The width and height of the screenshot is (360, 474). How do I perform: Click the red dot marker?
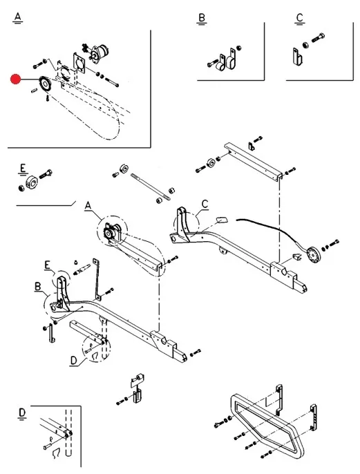point(15,79)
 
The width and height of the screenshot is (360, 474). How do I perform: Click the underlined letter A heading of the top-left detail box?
point(18,17)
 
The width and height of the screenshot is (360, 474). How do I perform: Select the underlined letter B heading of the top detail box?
point(202,18)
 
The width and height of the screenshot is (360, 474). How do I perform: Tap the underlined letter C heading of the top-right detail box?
point(299,18)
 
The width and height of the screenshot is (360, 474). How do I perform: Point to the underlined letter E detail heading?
point(23,168)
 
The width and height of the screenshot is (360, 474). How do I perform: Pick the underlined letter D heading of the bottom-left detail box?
point(22,413)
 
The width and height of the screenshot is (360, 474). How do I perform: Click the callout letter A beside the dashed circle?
point(88,206)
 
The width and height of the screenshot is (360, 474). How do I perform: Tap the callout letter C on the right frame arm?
point(205,204)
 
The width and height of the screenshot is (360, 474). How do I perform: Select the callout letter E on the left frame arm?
point(47,265)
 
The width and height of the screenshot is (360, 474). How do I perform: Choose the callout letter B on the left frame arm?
point(38,286)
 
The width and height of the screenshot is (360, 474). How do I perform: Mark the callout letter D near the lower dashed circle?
point(74,361)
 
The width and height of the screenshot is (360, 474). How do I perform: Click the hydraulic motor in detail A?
point(100,53)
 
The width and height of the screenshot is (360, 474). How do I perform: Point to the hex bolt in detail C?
point(318,38)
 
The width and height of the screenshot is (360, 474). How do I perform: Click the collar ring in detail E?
point(31,182)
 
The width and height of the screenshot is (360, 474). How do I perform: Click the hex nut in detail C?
point(305,46)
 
